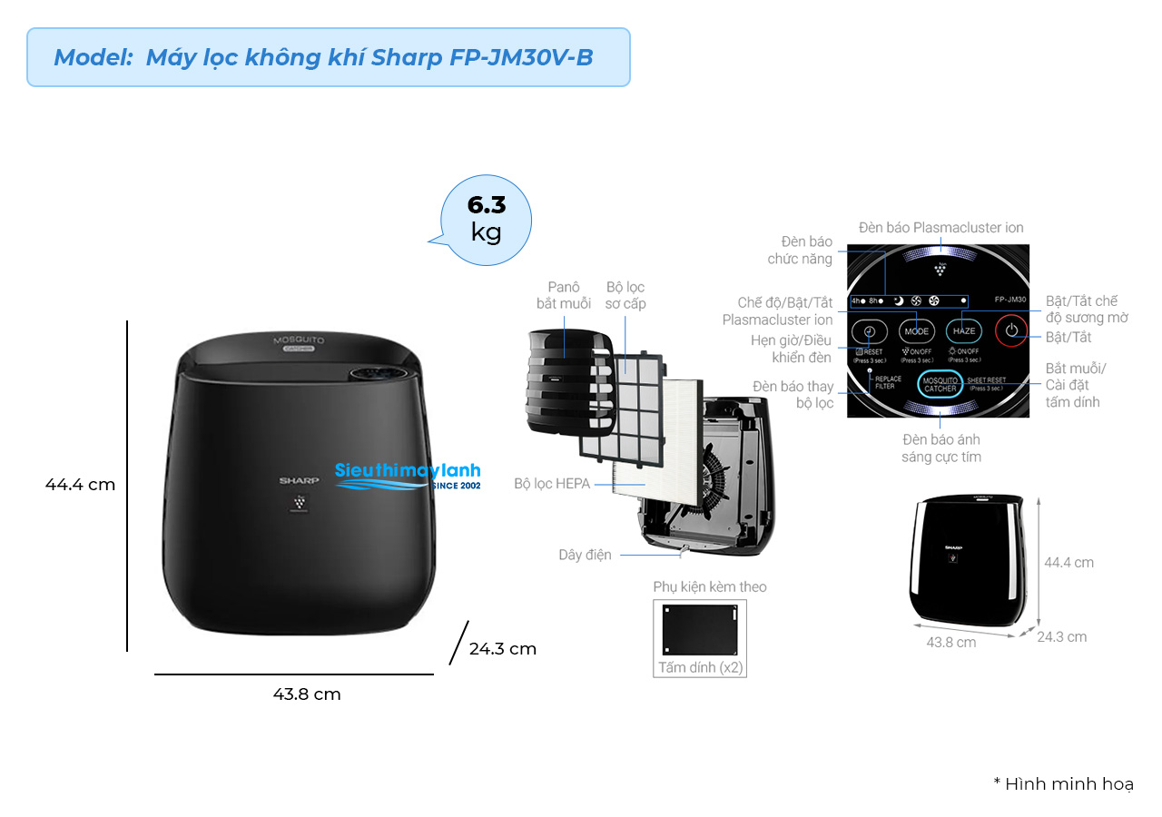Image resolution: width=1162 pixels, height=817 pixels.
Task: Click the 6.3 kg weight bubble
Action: coord(487,219)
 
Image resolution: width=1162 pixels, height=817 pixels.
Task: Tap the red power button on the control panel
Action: coord(1011,331)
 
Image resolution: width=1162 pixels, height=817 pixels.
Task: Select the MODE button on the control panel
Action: coord(917,331)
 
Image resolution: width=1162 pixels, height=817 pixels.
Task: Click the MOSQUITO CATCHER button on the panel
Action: coord(940,384)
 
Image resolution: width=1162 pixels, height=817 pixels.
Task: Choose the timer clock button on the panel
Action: coord(869,331)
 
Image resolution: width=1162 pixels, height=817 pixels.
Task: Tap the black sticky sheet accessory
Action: coord(700,628)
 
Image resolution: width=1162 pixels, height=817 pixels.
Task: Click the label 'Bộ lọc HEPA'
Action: coord(552,485)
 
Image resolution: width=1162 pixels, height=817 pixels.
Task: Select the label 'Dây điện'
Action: coord(585,555)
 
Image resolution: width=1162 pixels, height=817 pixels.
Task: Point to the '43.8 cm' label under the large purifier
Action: coord(307,694)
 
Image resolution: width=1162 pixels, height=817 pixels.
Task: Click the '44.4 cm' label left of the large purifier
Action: coord(81,485)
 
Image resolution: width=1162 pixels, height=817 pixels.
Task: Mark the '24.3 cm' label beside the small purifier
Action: coord(1061,637)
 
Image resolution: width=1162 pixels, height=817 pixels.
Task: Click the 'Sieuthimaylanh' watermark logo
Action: coord(408,475)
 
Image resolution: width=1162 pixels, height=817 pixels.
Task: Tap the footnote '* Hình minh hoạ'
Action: coord(1063,784)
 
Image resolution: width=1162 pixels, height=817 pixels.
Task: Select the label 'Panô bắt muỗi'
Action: coord(563,295)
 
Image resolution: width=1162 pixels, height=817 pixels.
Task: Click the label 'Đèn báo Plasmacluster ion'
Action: coord(940,228)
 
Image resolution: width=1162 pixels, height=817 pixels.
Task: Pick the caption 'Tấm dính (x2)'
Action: coord(700,668)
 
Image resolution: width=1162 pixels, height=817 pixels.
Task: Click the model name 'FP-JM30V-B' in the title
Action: coord(521,57)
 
